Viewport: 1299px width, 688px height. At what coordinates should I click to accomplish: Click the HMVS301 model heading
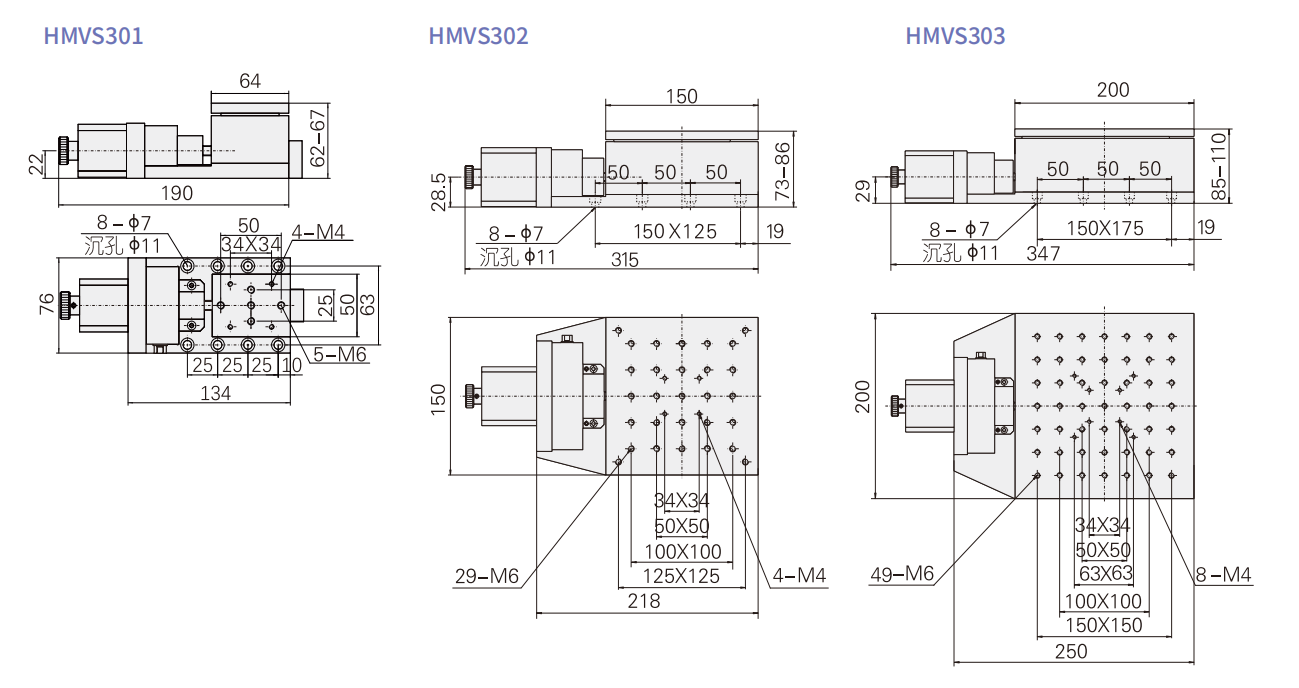point(93,36)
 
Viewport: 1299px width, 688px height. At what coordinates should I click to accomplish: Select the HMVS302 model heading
point(478,36)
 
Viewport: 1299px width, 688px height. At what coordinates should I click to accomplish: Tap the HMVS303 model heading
point(955,36)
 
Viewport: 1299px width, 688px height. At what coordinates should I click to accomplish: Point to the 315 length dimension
point(624,260)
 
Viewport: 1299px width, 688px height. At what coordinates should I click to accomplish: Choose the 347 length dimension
point(1044,254)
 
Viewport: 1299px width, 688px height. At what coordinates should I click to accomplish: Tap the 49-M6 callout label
point(901,574)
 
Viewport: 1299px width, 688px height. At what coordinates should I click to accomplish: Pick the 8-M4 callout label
point(1223,574)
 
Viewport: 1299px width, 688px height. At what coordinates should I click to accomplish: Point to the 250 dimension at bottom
point(1072,651)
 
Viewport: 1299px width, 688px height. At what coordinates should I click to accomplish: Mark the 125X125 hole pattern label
point(681,576)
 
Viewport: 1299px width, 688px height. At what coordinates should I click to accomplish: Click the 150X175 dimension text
point(1104,228)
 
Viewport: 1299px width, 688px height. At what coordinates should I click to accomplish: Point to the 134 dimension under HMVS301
point(215,393)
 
